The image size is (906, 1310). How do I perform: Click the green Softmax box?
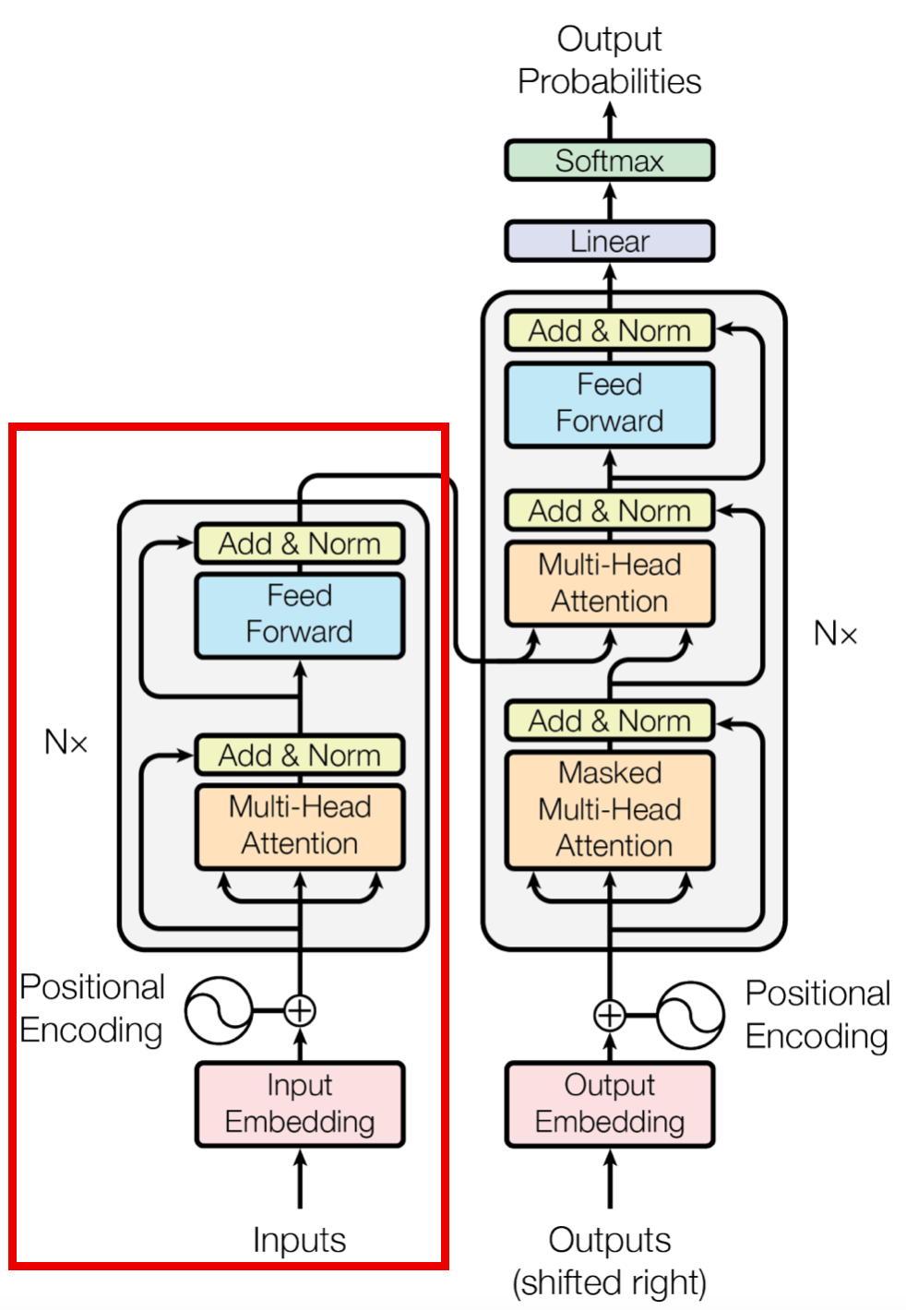tap(609, 161)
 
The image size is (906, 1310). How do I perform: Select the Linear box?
tap(609, 241)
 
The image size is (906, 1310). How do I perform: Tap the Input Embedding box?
tap(300, 1103)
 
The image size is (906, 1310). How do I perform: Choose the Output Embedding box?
tap(609, 1103)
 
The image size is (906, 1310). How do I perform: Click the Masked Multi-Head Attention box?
tap(609, 810)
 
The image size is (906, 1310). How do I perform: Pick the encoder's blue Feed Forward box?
tap(300, 614)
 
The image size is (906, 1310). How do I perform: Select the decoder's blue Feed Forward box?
tap(609, 404)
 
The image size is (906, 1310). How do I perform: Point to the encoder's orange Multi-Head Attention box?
tap(300, 826)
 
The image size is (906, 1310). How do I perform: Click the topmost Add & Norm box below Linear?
tap(609, 330)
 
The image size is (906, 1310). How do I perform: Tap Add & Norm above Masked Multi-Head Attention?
tap(609, 720)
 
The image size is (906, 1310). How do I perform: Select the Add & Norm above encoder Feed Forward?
tap(300, 543)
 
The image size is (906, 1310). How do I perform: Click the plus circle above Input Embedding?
tap(300, 1010)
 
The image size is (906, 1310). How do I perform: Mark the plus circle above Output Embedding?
tap(609, 1016)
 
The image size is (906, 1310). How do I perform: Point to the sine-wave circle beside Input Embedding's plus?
tap(219, 1010)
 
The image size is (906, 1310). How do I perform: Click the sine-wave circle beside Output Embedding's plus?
tap(690, 1016)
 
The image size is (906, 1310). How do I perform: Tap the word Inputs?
tap(300, 1240)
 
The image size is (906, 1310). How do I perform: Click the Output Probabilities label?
tap(609, 60)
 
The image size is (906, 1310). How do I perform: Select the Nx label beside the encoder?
tap(66, 742)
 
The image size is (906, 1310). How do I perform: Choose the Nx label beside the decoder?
tap(835, 634)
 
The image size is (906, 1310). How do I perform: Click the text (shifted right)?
tap(609, 1282)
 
